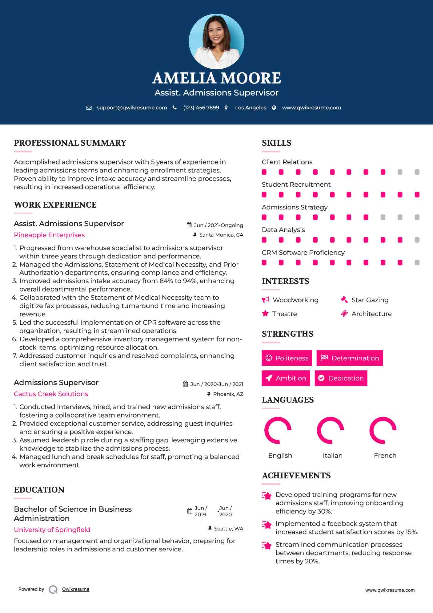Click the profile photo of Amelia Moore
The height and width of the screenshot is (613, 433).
pyautogui.click(x=216, y=41)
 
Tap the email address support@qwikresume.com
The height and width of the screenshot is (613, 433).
pyautogui.click(x=131, y=108)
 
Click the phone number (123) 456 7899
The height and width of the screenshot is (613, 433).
pyautogui.click(x=201, y=108)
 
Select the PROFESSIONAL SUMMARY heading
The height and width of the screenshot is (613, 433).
pyautogui.click(x=70, y=143)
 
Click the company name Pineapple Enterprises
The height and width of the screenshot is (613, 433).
pyautogui.click(x=49, y=235)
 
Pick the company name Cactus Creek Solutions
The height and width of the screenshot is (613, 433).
pyautogui.click(x=51, y=394)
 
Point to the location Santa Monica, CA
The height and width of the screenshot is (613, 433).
pyautogui.click(x=221, y=235)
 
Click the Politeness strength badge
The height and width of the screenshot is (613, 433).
pyautogui.click(x=287, y=358)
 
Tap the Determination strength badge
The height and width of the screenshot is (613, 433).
pyautogui.click(x=350, y=358)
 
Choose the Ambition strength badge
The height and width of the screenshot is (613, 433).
pyautogui.click(x=286, y=378)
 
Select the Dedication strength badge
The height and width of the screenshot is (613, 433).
pyautogui.click(x=341, y=378)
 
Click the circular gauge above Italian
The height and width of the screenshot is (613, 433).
pyautogui.click(x=330, y=430)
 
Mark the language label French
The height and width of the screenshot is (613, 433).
pyautogui.click(x=385, y=456)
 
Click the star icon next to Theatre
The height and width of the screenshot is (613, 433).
pyautogui.click(x=265, y=314)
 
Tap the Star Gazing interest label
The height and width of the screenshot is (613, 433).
pyautogui.click(x=370, y=300)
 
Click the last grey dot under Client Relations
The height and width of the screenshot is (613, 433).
pyautogui.click(x=417, y=172)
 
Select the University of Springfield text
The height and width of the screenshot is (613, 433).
pyautogui.click(x=52, y=530)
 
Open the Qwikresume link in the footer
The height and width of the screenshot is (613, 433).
pyautogui.click(x=76, y=589)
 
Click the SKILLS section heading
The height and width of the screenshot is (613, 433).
pyautogui.click(x=276, y=143)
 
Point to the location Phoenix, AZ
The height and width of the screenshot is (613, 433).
pyautogui.click(x=228, y=394)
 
